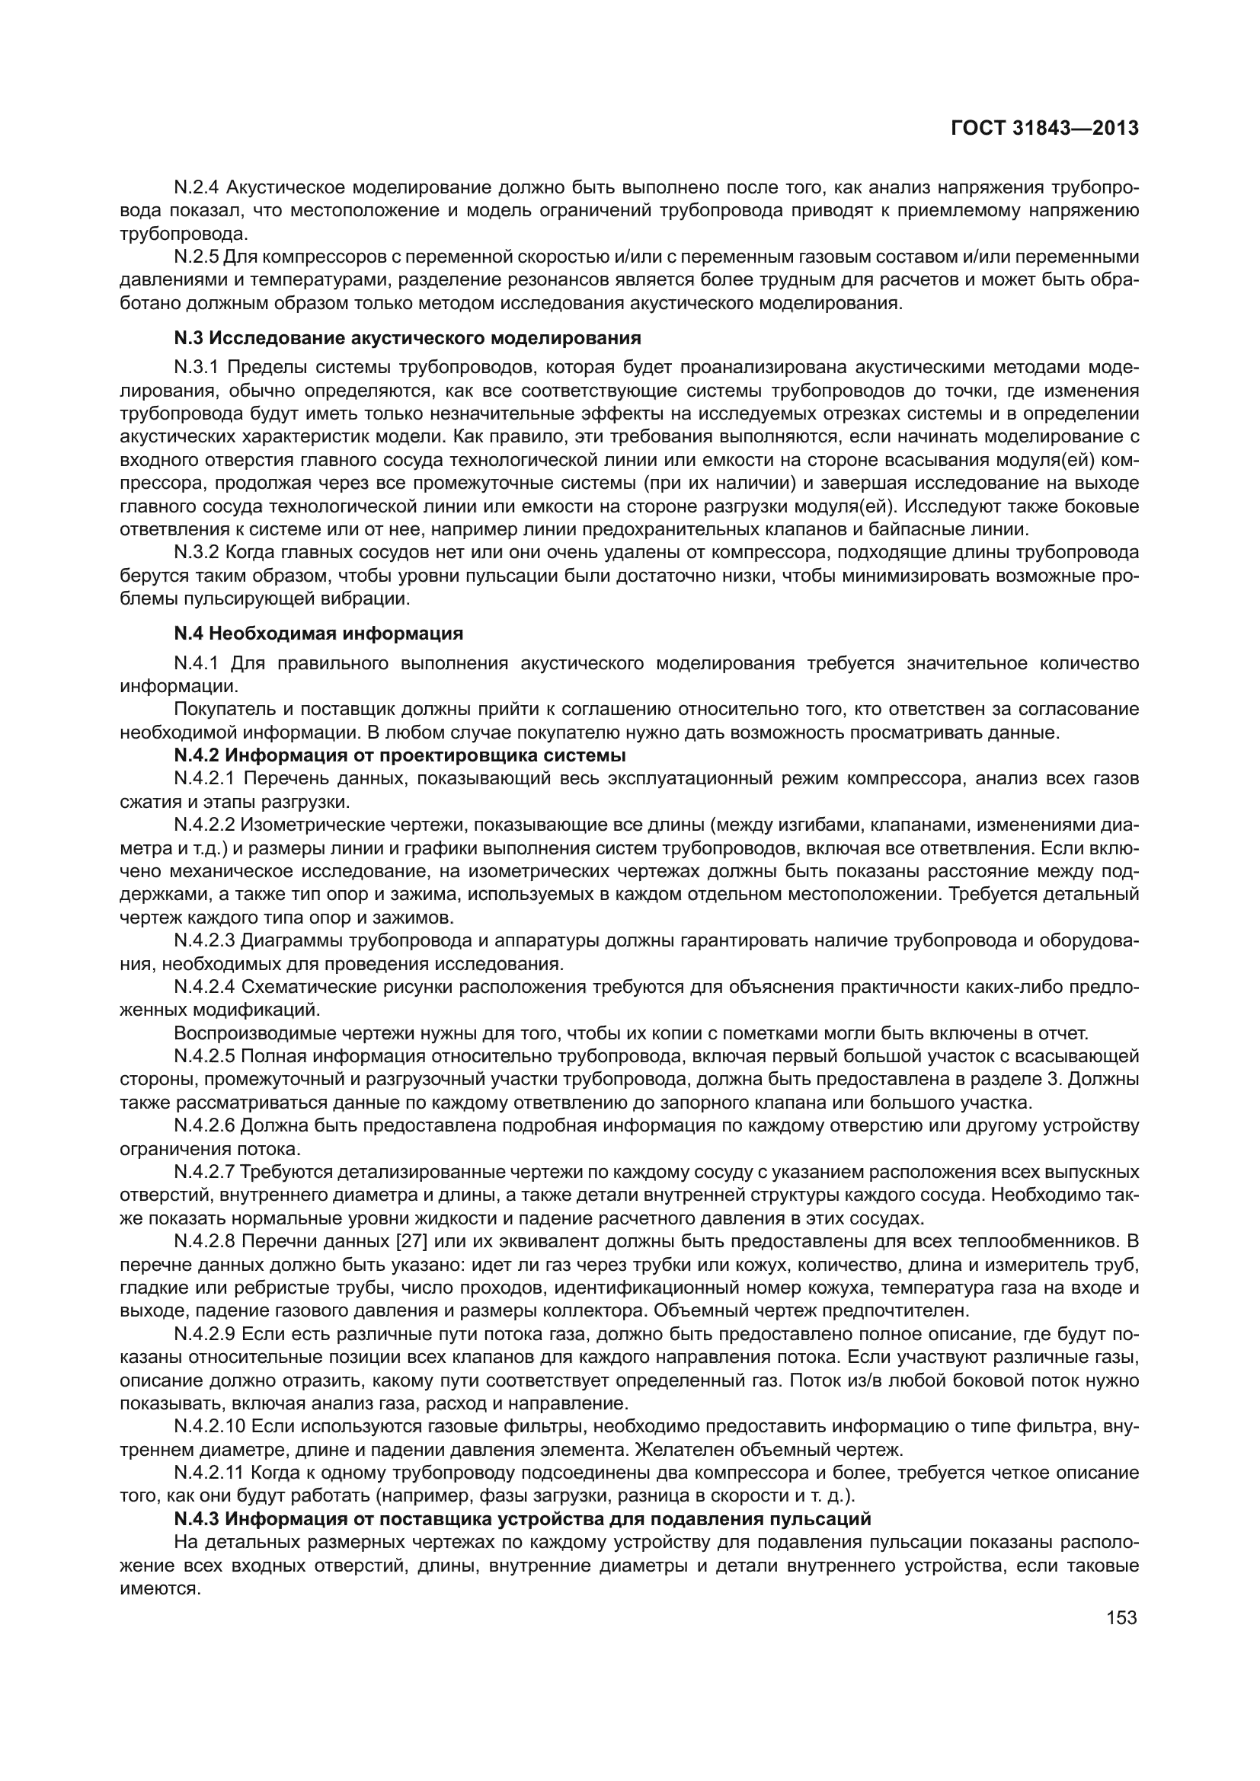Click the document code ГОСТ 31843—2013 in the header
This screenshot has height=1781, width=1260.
coord(1044,128)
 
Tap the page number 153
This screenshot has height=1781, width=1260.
coord(1122,1617)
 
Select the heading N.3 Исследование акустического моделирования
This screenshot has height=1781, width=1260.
coord(408,338)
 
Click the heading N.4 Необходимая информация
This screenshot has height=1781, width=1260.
coord(318,634)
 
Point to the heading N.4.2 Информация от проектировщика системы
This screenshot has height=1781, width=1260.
coord(400,755)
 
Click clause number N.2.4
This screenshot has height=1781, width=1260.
coord(197,187)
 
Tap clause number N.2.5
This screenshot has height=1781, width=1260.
coord(197,257)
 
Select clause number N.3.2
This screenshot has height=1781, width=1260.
coord(197,552)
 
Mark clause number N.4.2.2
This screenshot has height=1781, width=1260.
coord(204,824)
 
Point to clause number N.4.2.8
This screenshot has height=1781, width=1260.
coord(204,1240)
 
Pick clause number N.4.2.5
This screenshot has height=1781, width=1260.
coord(204,1055)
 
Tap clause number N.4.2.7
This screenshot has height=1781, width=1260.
coord(204,1170)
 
